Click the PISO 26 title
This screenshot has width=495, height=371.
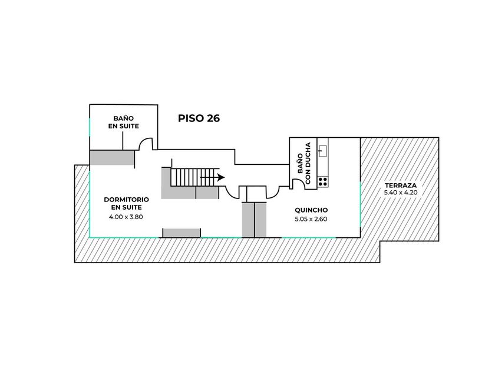point(199,118)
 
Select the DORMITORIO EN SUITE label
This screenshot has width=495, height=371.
point(126,203)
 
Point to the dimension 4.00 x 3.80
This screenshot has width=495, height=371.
point(126,217)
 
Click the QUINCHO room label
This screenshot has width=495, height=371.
point(311,210)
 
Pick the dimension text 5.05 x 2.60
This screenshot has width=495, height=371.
point(311,220)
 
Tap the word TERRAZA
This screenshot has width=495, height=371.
point(399,185)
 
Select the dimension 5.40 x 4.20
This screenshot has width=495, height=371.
point(399,193)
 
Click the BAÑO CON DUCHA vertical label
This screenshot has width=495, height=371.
point(303,161)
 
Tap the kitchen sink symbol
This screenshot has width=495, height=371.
point(322,150)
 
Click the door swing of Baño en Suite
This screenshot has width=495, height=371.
point(146,143)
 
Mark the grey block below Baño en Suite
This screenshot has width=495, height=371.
point(112,157)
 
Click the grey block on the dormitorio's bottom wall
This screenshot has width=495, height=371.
point(181,233)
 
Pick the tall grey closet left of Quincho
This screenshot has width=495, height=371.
point(255,219)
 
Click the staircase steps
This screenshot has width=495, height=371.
point(192,176)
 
